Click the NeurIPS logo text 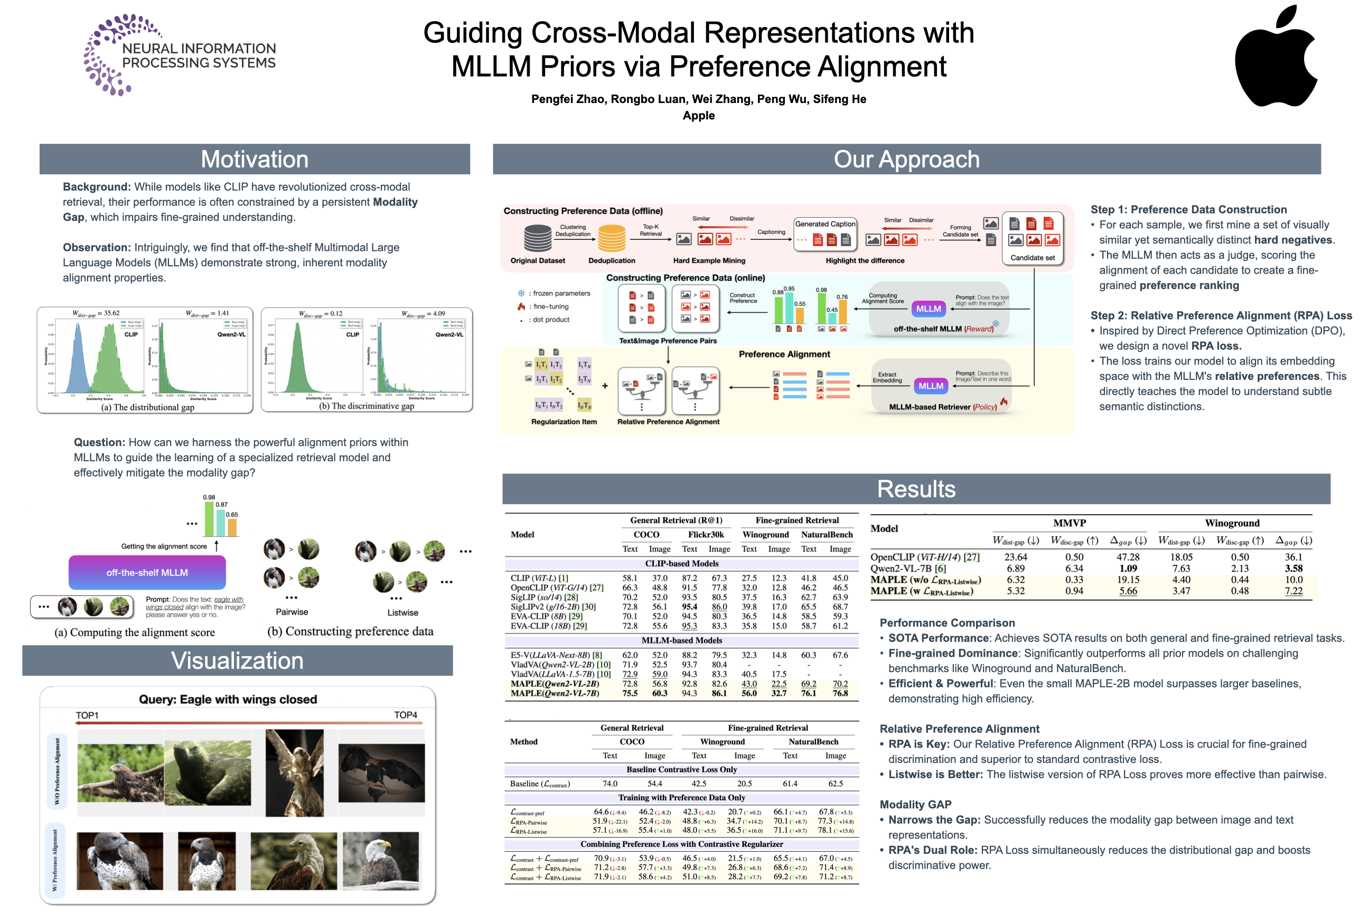tap(199, 55)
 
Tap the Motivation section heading tap(255, 159)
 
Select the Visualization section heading tap(237, 660)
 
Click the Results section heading tap(916, 489)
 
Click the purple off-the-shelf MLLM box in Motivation tap(147, 572)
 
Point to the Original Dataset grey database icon tap(537, 238)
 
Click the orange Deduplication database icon tap(611, 238)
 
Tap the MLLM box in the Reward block tap(928, 309)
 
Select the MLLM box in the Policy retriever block tap(930, 386)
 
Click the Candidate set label tap(1032, 257)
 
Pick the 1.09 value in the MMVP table tap(1128, 569)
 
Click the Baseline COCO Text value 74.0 tap(610, 784)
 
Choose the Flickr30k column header tap(706, 535)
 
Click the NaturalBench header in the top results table tap(827, 535)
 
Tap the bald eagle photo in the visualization tap(380, 861)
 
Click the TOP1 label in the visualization tap(87, 715)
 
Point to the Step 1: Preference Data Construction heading tap(1188, 210)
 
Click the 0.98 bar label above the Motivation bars tap(209, 497)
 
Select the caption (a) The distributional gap tap(147, 407)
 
